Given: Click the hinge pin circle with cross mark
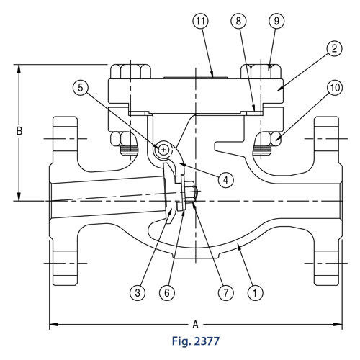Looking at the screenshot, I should coord(165,149).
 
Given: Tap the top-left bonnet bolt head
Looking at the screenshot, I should coord(130,70).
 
